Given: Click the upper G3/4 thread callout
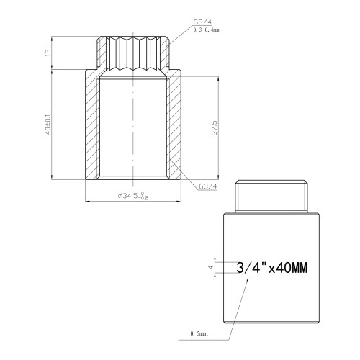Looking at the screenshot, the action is click(202, 22).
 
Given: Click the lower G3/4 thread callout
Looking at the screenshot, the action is click(208, 186).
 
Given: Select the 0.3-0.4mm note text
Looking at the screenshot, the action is click(207, 30).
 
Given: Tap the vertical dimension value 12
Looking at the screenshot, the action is click(48, 53).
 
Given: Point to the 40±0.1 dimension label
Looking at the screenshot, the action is click(48, 124).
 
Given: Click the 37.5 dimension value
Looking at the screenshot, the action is click(215, 127).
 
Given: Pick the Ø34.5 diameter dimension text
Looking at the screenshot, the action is click(133, 196).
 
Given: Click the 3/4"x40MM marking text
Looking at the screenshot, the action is click(271, 268).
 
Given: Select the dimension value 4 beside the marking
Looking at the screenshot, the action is click(211, 267).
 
